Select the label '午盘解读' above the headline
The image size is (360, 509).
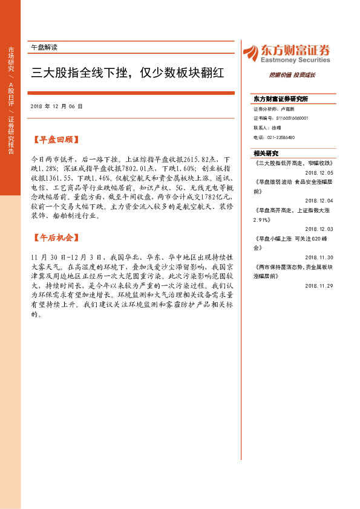[44, 47]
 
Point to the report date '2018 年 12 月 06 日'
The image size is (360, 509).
[56, 106]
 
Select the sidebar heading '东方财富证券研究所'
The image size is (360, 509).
[281, 99]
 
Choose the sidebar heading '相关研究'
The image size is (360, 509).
[266, 153]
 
